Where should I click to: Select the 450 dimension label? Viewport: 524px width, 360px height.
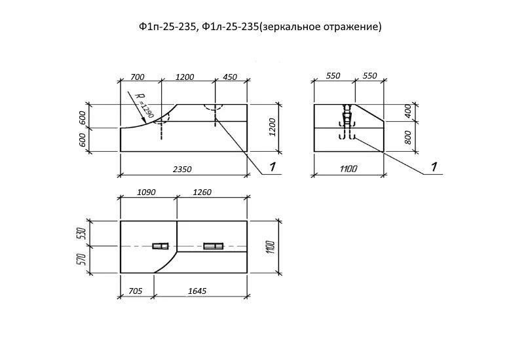230,77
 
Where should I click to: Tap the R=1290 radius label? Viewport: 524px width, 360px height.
145,105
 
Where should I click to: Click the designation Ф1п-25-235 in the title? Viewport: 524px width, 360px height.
167,27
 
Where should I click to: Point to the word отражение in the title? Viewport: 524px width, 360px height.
350,27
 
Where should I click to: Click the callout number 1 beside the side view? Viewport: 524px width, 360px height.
434,167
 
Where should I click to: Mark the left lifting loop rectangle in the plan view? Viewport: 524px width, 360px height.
160,246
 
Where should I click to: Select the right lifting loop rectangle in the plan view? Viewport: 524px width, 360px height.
213,246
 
